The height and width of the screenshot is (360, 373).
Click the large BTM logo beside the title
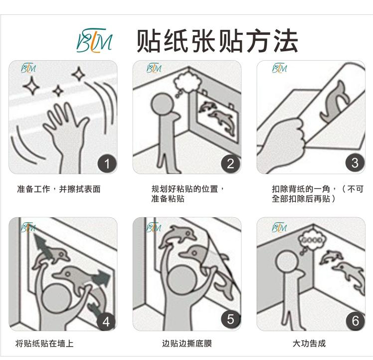coord(94,40)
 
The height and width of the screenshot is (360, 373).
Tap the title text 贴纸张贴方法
coord(217,41)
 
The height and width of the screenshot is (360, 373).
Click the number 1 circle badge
coord(107,164)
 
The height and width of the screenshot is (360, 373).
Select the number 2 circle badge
coord(231,164)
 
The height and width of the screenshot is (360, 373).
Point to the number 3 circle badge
coord(355,163)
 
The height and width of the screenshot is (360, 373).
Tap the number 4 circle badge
coord(106,322)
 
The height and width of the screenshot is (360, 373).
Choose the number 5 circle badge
coord(231,319)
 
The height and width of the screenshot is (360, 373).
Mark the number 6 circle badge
coord(355,321)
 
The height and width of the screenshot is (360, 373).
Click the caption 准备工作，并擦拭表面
coord(59,189)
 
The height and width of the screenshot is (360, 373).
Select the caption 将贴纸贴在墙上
coord(44,344)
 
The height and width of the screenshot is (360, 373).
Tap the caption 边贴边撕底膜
coord(187,344)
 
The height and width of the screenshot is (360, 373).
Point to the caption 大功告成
coord(309,344)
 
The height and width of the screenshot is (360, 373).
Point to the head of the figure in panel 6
coord(287,263)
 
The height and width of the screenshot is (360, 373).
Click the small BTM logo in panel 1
coord(28,68)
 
